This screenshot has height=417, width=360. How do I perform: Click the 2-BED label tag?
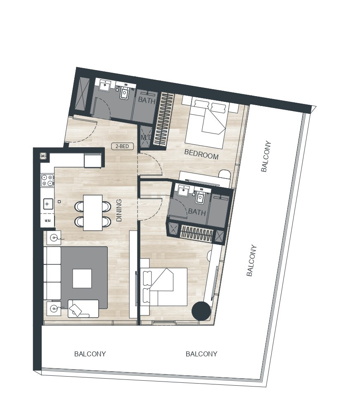click(x=122, y=146)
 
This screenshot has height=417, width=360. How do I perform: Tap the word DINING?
click(x=119, y=210)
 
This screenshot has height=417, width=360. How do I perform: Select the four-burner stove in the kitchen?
click(x=47, y=180)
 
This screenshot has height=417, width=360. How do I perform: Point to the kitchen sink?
click(x=48, y=204)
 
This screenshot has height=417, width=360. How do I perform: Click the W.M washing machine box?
click(x=47, y=220)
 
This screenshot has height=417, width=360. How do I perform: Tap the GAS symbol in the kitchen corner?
click(x=43, y=156)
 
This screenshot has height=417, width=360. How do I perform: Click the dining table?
click(x=93, y=212)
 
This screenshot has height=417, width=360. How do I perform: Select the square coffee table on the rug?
click(x=82, y=278)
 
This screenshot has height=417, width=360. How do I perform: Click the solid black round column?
click(x=201, y=311)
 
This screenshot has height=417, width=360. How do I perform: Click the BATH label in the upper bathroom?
click(x=147, y=100)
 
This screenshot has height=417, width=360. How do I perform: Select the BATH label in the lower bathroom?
click(x=197, y=212)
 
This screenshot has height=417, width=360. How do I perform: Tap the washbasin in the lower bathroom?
click(x=183, y=191)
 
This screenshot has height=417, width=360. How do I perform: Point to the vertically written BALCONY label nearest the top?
click(x=266, y=156)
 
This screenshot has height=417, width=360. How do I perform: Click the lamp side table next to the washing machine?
click(x=53, y=238)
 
